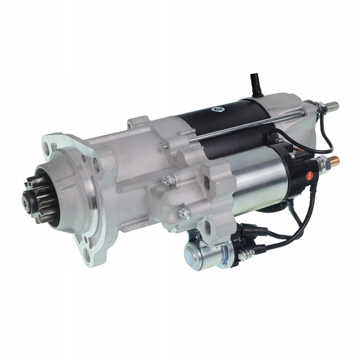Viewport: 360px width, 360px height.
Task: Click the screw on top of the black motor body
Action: pyautogui.click(x=219, y=109)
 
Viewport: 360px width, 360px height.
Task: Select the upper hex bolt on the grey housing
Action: pyautogui.click(x=170, y=180)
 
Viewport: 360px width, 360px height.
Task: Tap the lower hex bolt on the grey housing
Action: pyautogui.click(x=184, y=213)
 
